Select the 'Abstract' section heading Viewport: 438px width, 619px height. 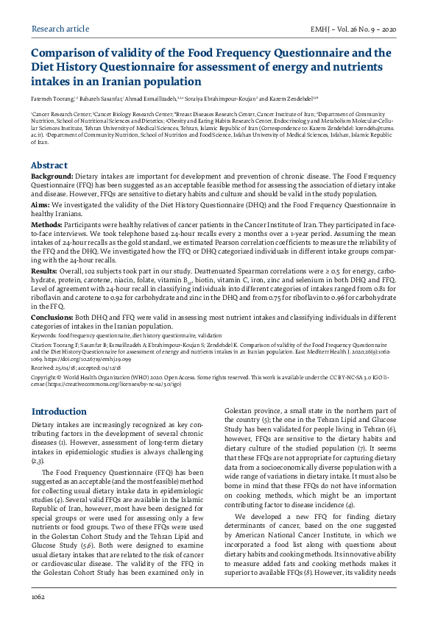pyautogui.click(x=49, y=165)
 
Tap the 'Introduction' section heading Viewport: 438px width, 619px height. pyautogui.click(x=59, y=412)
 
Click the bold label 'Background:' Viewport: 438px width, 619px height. pyautogui.click(x=52, y=177)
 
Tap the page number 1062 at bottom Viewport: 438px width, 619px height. pyautogui.click(x=38, y=598)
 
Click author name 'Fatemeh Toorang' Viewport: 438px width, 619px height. pyautogui.click(x=52, y=98)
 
